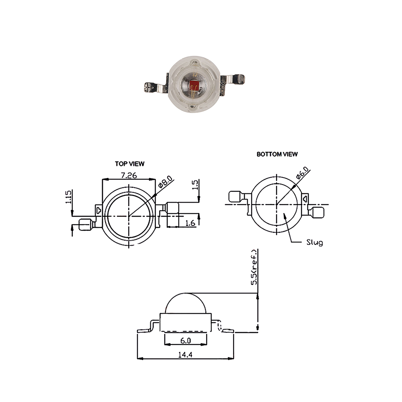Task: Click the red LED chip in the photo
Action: (x=194, y=85)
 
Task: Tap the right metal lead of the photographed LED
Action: (x=232, y=81)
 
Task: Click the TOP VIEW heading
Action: (x=129, y=164)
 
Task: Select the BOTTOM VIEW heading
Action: (x=277, y=154)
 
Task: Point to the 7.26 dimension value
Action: (x=129, y=175)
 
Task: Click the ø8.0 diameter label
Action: (x=165, y=182)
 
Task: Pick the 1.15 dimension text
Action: (x=68, y=197)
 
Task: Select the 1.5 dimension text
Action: (x=195, y=185)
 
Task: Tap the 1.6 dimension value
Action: (x=190, y=223)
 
